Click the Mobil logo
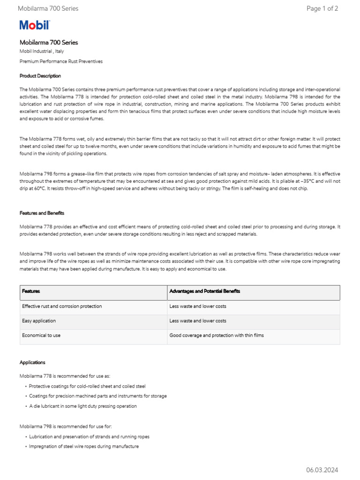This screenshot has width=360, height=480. (x=34, y=25)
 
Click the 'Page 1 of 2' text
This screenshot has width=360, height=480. (x=322, y=8)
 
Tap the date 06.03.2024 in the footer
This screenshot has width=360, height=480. (x=322, y=470)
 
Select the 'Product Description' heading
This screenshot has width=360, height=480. (x=40, y=76)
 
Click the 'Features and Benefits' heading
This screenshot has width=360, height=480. (x=42, y=213)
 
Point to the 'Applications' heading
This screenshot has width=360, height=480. (x=32, y=362)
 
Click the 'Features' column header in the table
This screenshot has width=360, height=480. (x=31, y=291)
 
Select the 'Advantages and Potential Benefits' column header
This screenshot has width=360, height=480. (x=204, y=291)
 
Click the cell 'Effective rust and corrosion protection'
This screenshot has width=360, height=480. (x=62, y=306)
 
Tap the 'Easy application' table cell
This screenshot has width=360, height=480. (x=39, y=321)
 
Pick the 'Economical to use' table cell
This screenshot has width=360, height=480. (x=41, y=336)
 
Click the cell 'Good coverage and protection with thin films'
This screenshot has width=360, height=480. (x=217, y=336)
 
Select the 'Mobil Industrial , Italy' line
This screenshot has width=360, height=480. (x=43, y=52)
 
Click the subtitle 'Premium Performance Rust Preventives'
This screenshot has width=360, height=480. (x=61, y=61)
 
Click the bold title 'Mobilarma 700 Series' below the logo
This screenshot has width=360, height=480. (x=49, y=42)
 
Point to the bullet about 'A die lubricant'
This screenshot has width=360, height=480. (x=82, y=406)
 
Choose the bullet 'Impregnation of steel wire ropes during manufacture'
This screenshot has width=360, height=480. (x=83, y=447)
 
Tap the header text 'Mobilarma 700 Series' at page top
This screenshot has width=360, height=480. (x=48, y=8)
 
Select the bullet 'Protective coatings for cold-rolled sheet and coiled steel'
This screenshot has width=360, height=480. (x=87, y=386)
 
